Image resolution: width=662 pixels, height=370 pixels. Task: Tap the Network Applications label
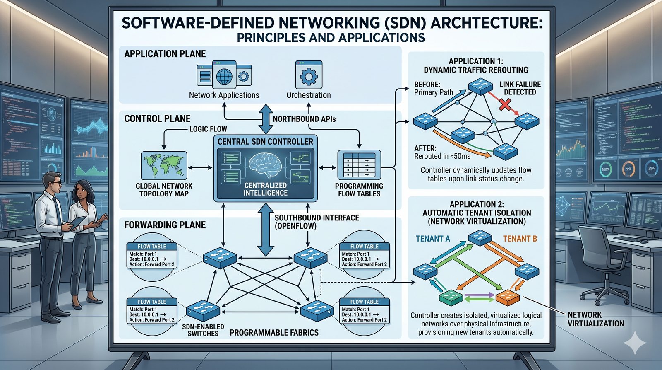coord(224,95)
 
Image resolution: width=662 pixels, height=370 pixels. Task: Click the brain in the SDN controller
coord(266,164)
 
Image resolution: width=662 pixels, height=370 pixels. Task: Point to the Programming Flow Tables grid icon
coord(359,164)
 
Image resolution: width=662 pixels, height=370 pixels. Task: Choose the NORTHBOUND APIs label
coord(304,119)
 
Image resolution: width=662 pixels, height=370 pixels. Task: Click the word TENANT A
coord(433,239)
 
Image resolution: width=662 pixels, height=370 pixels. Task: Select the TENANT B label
coord(520,239)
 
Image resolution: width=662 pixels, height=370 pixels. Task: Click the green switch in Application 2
coord(451,297)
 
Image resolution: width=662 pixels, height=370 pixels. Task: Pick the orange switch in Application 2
coord(507,297)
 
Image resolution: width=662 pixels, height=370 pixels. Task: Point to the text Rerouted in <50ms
coord(442,156)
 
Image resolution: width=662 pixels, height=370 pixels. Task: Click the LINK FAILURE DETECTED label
coord(520,88)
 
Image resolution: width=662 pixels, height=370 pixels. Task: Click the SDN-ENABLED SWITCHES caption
coord(203,330)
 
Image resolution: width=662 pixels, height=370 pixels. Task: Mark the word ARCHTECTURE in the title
coord(486,22)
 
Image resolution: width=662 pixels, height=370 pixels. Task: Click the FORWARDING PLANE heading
coord(165,225)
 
